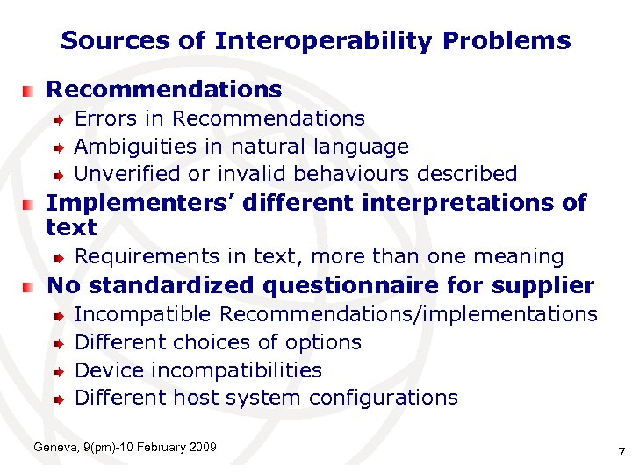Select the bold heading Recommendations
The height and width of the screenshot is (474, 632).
(164, 90)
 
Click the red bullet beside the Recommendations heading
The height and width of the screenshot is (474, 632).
(30, 90)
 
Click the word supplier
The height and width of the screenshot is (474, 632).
(543, 286)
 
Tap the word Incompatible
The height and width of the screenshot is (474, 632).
(143, 314)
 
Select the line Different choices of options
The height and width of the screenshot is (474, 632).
(219, 342)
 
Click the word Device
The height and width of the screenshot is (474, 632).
(109, 370)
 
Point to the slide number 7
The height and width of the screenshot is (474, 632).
(621, 453)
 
